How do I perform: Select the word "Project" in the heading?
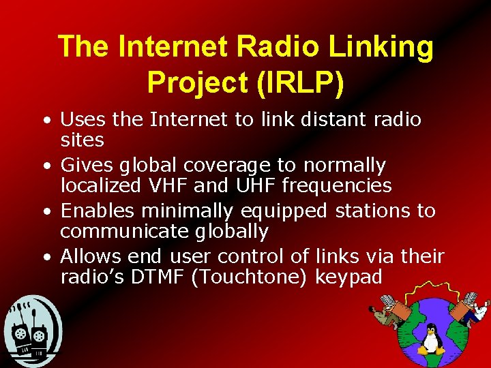[x=198, y=82]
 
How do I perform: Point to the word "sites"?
[x=82, y=141]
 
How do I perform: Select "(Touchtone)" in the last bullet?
[x=252, y=278]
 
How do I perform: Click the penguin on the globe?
[x=430, y=339]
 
